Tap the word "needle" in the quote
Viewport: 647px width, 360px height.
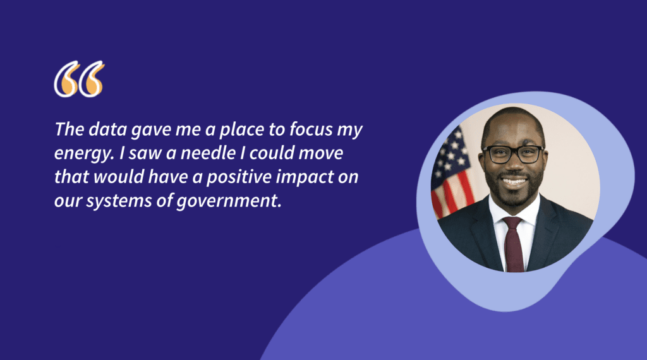208,153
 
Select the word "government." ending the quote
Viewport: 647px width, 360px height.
229,201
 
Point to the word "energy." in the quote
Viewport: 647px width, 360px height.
84,155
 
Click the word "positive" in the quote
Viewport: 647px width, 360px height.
239,177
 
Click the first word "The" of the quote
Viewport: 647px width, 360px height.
70,129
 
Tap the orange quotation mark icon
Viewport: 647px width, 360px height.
79,79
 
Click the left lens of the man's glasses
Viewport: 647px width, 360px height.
497,155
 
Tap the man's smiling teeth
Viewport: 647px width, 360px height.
514,181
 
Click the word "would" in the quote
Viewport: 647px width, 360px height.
119,177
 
